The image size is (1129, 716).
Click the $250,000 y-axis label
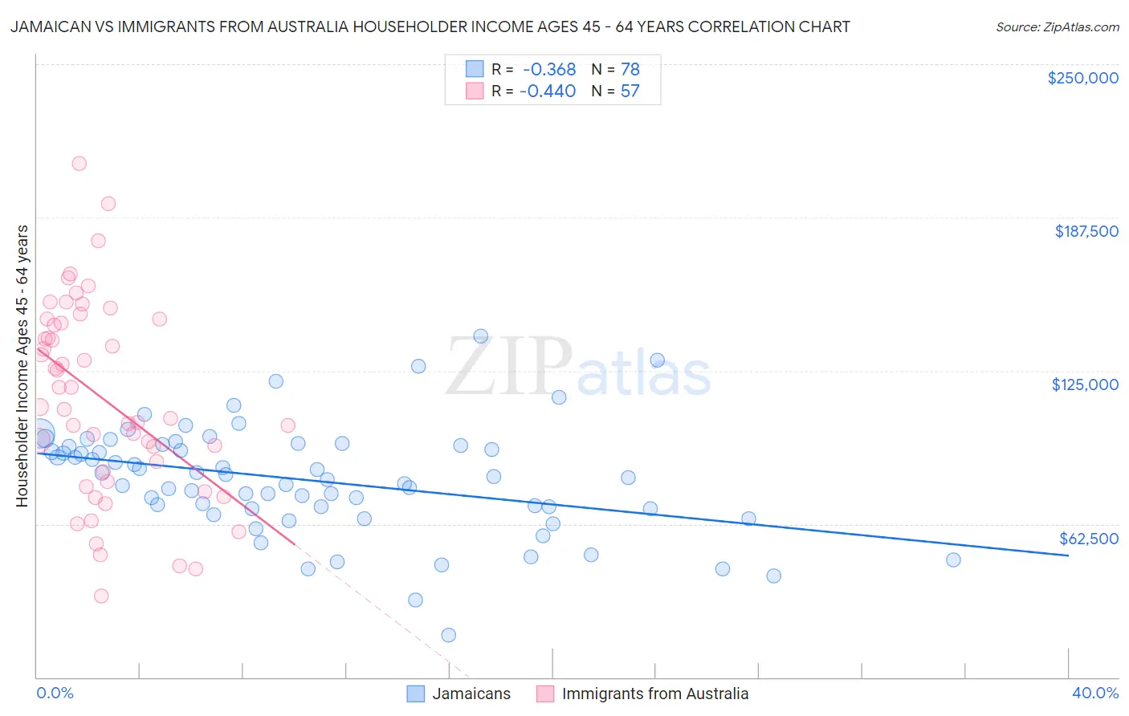1082,78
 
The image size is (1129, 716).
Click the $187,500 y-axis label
1086,231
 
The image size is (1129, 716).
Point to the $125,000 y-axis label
1085,384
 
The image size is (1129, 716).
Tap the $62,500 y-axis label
1088,539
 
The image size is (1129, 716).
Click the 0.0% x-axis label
55,693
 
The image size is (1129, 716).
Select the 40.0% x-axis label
1095,693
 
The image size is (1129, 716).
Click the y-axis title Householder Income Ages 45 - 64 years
22,365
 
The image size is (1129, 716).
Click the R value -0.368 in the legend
548,70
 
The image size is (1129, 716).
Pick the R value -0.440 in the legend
548,92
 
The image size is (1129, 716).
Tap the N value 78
630,70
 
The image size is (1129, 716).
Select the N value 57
630,92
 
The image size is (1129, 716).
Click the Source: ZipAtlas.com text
1057,27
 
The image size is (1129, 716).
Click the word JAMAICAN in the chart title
49,27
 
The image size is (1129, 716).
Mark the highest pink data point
79,164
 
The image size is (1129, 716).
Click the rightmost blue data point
953,559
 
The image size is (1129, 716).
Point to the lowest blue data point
448,635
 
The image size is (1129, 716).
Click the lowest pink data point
101,596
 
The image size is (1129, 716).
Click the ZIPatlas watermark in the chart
578,368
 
